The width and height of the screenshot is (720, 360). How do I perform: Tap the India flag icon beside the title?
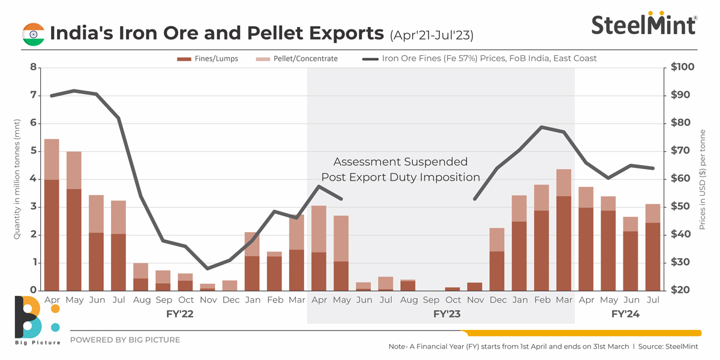(x=33, y=34)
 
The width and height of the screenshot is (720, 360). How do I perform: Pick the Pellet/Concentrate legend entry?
(x=296, y=59)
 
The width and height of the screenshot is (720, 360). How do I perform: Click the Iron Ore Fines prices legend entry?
(x=480, y=59)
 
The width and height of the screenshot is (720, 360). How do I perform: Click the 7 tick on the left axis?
(x=32, y=95)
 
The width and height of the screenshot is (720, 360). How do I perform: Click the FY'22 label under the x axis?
(x=179, y=314)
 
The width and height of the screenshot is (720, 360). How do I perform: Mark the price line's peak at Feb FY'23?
(x=542, y=127)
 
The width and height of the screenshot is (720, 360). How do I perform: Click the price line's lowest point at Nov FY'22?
(x=208, y=268)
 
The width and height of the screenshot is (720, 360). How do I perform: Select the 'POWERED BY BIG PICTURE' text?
(x=125, y=340)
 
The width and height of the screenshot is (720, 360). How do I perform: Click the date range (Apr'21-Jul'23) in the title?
(x=431, y=35)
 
